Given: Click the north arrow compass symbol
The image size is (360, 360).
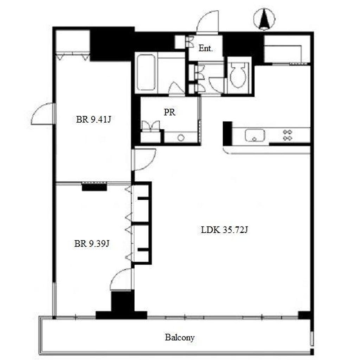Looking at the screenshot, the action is [x=264, y=19].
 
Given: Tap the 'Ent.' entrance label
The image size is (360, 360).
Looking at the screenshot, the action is [x=205, y=48].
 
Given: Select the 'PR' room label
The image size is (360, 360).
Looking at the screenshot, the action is [x=169, y=112].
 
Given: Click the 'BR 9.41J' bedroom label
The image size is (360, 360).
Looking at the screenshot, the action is [x=94, y=120].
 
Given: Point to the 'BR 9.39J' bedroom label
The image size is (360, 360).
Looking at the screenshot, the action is [x=92, y=243].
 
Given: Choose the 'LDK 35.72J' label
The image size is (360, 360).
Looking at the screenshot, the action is [x=224, y=230].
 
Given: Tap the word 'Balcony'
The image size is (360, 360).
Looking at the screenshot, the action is [x=180, y=337].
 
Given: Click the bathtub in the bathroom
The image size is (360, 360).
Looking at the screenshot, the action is [x=146, y=72].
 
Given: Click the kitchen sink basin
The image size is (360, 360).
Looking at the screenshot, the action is [x=255, y=135].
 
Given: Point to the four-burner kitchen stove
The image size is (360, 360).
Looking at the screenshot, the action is [x=288, y=135].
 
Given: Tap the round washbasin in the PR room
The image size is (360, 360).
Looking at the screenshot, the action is [x=181, y=138].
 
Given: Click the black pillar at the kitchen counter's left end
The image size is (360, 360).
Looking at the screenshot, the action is [x=227, y=133].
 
